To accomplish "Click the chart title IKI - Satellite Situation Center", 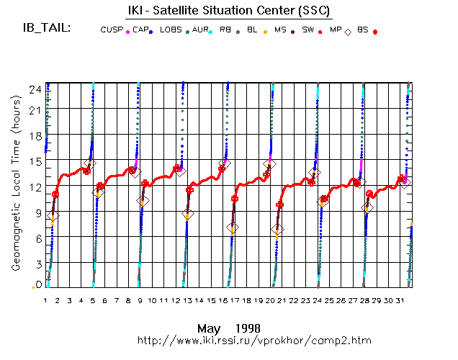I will pos(229,9).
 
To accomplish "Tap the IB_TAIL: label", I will pos(45,28).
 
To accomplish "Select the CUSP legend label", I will pos(111,30).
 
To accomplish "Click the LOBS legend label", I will pos(171,30).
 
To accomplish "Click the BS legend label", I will pos(364,30).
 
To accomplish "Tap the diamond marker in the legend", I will pos(349,31).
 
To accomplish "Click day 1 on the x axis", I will pos(45,300).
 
